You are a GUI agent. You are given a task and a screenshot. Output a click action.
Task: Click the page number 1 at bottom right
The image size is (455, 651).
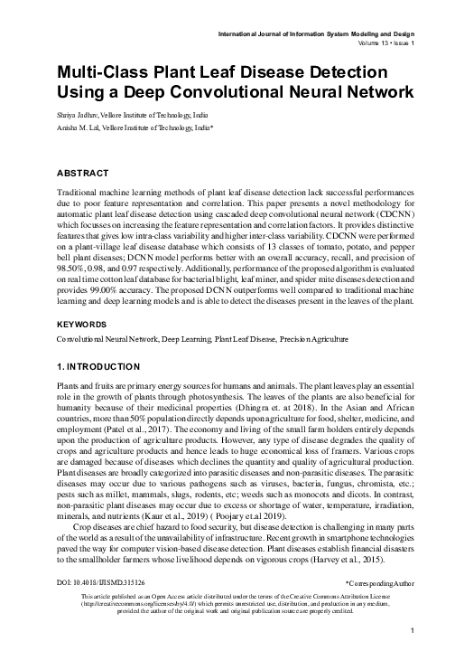coord(411,630)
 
